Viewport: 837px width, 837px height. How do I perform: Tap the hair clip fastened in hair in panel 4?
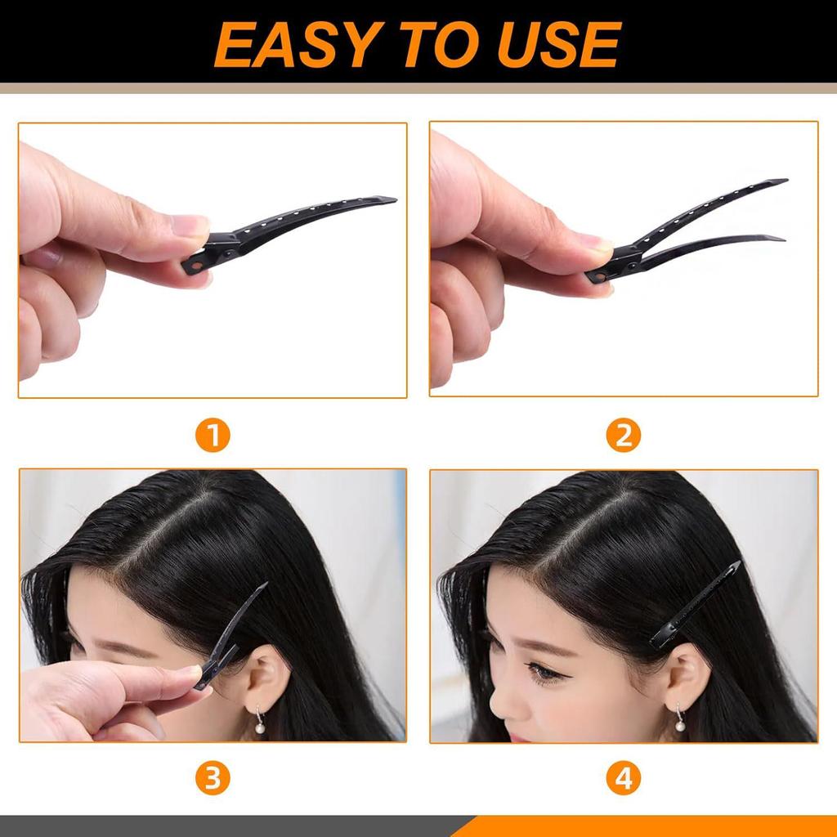pos(695,605)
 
